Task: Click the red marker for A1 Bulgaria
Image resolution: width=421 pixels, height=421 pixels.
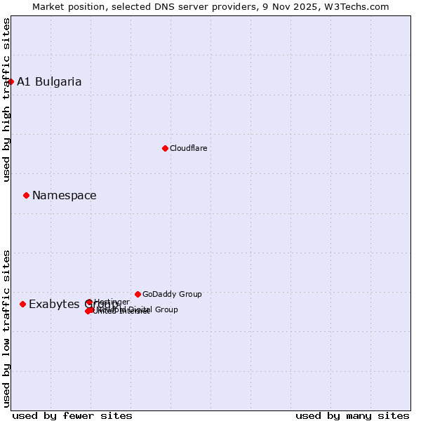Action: click(x=11, y=81)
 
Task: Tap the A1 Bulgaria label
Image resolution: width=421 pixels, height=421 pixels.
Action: click(x=49, y=81)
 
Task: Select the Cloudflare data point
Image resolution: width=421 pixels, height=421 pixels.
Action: click(x=165, y=148)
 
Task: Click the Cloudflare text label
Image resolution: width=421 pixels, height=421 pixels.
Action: click(x=188, y=148)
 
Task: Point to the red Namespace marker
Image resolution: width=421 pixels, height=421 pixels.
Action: click(x=26, y=195)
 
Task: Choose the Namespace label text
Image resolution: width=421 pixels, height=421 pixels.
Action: click(x=64, y=195)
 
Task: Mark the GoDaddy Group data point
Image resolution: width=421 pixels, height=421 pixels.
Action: click(x=138, y=294)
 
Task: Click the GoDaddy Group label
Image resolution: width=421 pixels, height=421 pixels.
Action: click(x=172, y=294)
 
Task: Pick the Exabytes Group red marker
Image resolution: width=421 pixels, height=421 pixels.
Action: click(x=22, y=304)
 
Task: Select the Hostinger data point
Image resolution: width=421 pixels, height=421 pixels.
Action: click(x=89, y=302)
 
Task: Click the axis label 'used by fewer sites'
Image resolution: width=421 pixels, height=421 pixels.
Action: click(x=72, y=415)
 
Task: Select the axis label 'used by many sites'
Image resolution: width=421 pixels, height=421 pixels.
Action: click(x=352, y=415)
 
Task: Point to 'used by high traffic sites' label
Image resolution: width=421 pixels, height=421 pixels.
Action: click(x=6, y=100)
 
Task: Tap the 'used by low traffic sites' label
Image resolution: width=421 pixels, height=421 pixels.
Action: click(x=6, y=328)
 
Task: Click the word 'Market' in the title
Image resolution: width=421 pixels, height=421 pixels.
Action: click(x=48, y=6)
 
